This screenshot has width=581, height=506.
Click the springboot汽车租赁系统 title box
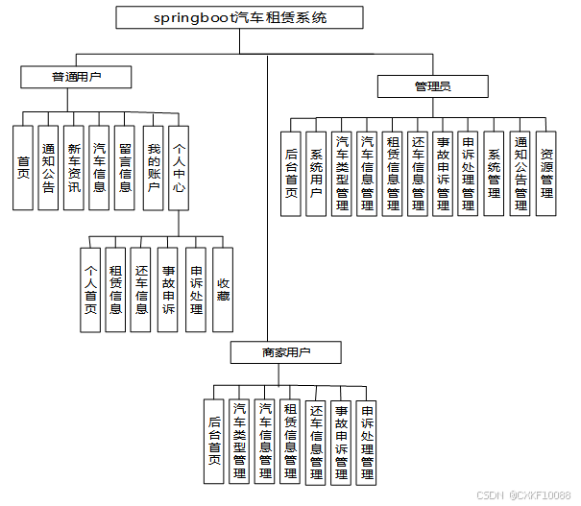(x=240, y=17)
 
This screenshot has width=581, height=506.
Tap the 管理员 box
(x=432, y=87)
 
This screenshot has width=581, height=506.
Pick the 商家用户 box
(x=285, y=353)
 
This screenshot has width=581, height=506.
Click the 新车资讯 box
(x=74, y=168)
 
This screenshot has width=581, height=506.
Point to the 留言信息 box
(x=124, y=168)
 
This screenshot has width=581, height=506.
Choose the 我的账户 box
(x=153, y=168)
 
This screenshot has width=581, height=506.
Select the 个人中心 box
(x=179, y=168)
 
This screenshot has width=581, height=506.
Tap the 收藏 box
(x=223, y=289)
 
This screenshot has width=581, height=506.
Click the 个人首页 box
(x=90, y=289)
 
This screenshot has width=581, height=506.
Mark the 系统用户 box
(x=317, y=173)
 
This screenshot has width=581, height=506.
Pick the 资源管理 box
(x=546, y=173)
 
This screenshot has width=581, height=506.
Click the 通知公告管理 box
(x=520, y=173)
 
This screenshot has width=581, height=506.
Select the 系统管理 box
(x=494, y=173)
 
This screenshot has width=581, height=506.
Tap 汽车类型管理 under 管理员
(x=343, y=173)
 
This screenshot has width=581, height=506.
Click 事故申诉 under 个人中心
(x=168, y=289)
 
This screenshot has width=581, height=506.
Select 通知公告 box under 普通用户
(x=48, y=168)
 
